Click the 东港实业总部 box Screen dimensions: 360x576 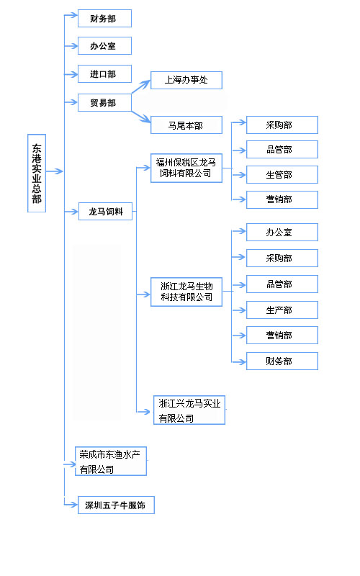[x=37, y=174]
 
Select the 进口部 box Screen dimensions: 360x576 [x=104, y=74]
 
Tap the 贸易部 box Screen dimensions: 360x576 [x=104, y=102]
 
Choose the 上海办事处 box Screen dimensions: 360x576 [x=186, y=80]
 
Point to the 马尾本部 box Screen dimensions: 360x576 [x=186, y=125]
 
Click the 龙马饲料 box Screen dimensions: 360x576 [x=105, y=211]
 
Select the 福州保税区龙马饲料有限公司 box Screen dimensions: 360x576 [x=186, y=168]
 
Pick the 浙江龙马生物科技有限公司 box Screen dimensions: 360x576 [x=186, y=292]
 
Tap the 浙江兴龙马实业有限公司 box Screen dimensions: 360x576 [x=189, y=410]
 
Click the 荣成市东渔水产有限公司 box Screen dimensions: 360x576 [x=111, y=461]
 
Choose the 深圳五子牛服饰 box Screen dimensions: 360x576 [x=116, y=505]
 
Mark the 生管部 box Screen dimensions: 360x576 [x=282, y=174]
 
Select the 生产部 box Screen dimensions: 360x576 [x=282, y=310]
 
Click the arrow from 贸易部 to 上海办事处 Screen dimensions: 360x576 [x=140, y=87]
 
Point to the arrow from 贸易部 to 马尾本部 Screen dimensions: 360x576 [x=140, y=117]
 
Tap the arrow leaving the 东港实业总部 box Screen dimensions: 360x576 [x=55, y=171]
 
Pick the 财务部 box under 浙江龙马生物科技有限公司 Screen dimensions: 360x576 [x=282, y=361]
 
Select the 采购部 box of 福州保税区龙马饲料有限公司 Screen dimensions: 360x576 [x=282, y=125]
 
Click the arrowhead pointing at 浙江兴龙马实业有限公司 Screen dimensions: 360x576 [x=147, y=412]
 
